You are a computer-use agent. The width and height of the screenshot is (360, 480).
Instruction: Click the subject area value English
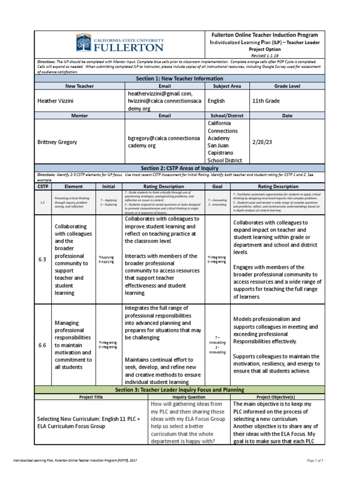[217, 101]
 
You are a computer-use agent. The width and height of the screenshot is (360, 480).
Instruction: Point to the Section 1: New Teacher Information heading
[180, 78]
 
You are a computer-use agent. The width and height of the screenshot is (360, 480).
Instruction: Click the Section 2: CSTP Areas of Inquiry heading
[180, 168]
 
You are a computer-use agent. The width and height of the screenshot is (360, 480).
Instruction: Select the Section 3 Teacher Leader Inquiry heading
[180, 390]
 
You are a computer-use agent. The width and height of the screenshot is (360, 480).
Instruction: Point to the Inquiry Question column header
[189, 397]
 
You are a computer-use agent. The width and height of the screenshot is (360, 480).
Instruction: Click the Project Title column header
[91, 397]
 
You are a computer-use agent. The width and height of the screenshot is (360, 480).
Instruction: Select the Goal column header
[217, 186]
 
